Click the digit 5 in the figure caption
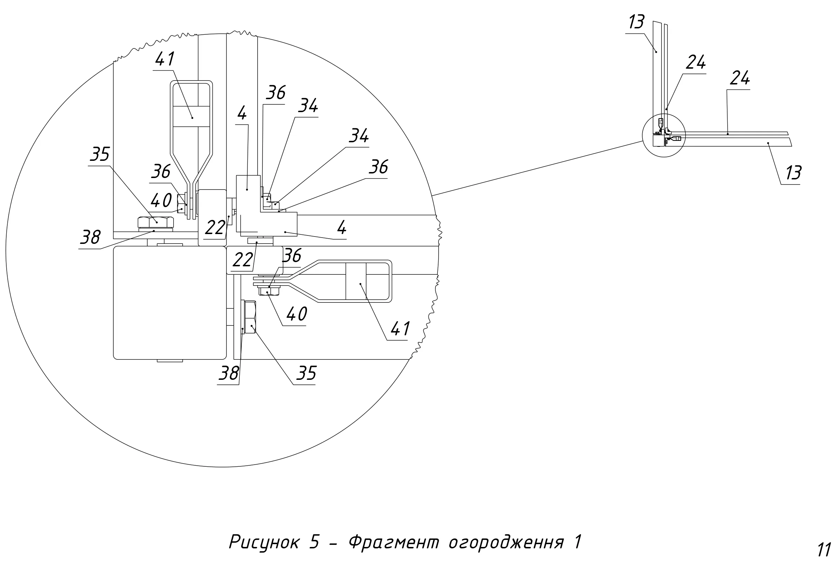(x=314, y=542)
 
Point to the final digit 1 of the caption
(x=577, y=542)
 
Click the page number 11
(x=825, y=550)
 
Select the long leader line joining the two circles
(x=537, y=168)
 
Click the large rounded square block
(x=170, y=303)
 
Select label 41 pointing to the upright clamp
(x=165, y=59)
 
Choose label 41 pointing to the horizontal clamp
(x=400, y=328)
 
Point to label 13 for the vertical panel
(x=637, y=22)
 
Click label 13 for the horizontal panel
(x=794, y=173)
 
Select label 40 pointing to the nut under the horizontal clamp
(x=297, y=314)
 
